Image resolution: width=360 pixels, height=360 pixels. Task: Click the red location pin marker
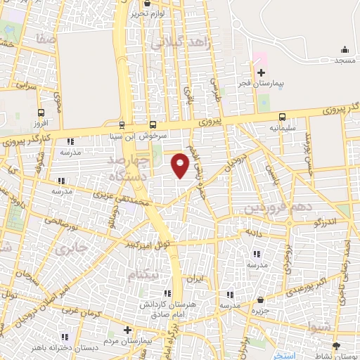tap(181, 165)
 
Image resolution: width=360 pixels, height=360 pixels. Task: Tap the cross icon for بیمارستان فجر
tap(261, 72)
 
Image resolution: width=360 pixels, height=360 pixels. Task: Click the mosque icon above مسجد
tap(345, 49)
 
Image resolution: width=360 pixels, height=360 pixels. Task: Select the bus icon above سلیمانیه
tap(282, 117)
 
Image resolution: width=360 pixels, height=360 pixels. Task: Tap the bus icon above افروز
tap(41, 112)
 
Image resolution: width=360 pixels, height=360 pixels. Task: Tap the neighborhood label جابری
tap(72, 249)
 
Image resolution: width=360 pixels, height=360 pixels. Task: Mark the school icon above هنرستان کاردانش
tap(167, 293)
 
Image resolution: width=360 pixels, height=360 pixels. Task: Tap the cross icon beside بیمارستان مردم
tap(127, 330)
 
